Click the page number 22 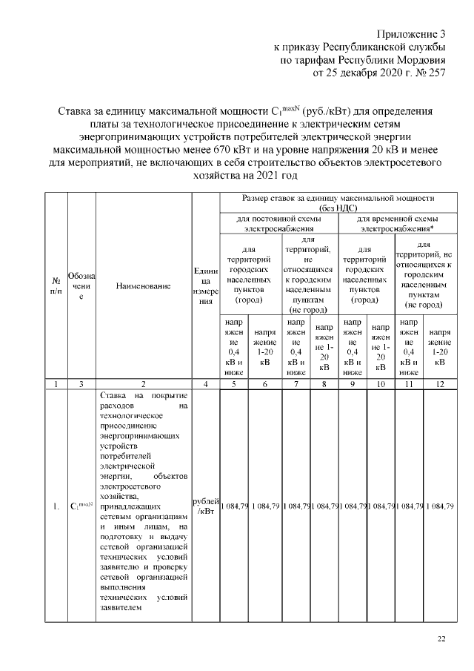click(x=441, y=638)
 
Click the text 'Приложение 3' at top click(x=412, y=34)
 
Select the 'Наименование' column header click(x=144, y=285)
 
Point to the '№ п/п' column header click(x=56, y=285)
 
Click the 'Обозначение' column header click(x=81, y=285)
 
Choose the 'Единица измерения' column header click(x=205, y=285)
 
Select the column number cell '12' click(x=439, y=384)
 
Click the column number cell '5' click(x=234, y=384)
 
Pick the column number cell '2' click(x=144, y=384)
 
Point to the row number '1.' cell click(x=56, y=507)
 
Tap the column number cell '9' click(x=353, y=384)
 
